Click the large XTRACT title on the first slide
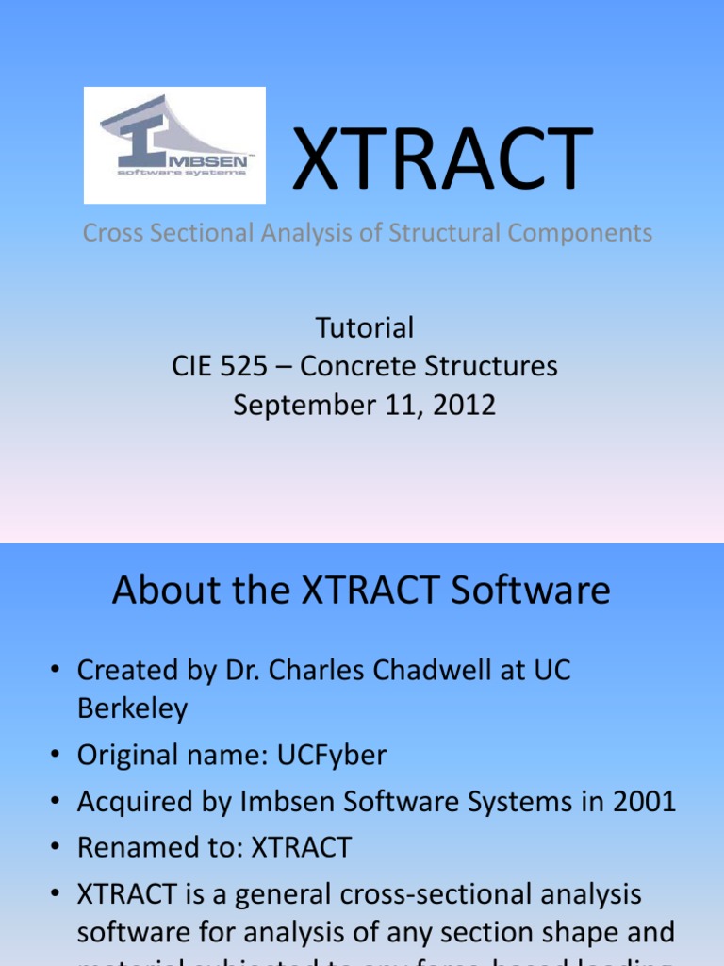coord(441,159)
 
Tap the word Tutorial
coord(364,328)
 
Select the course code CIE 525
coord(219,366)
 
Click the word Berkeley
coord(132,708)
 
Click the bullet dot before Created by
coord(56,672)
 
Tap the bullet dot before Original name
coord(56,756)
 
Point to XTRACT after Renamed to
coord(301,846)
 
